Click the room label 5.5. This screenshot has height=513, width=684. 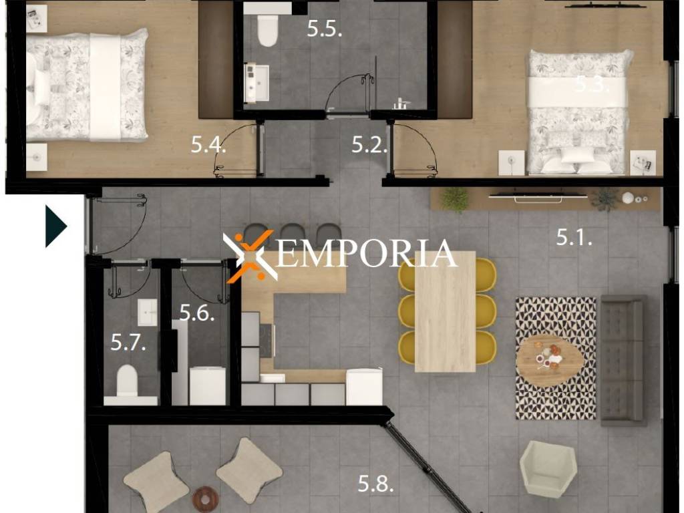pyautogui.click(x=324, y=29)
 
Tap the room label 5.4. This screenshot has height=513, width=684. pyautogui.click(x=208, y=144)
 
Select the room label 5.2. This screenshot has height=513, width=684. pyautogui.click(x=369, y=144)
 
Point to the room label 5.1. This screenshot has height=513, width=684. pyautogui.click(x=574, y=237)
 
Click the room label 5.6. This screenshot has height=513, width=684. pyautogui.click(x=197, y=313)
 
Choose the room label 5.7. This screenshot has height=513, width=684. pyautogui.click(x=128, y=342)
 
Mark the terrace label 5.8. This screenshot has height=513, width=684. pyautogui.click(x=375, y=484)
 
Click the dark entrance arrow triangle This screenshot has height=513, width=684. pyautogui.click(x=55, y=226)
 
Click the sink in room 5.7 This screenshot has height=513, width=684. pyautogui.click(x=148, y=312)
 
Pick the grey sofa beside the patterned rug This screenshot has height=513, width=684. pyautogui.click(x=623, y=360)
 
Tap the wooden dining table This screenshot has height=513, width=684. pyautogui.click(x=445, y=311)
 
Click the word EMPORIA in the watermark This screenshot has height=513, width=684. pyautogui.click(x=367, y=253)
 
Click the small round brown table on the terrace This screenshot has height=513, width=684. pyautogui.click(x=206, y=497)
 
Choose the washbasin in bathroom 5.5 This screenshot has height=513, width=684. pyautogui.click(x=256, y=82)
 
